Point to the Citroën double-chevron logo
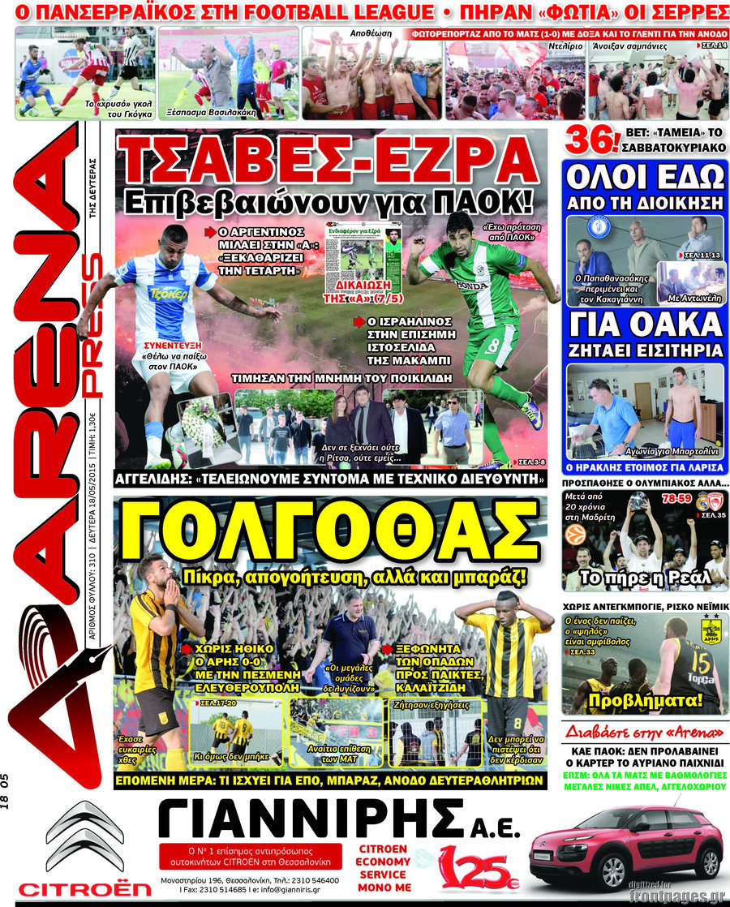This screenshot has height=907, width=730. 84,836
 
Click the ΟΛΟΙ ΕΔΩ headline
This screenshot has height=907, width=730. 646,178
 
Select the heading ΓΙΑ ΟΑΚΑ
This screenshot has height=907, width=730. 646,325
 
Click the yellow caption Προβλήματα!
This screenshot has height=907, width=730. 645,701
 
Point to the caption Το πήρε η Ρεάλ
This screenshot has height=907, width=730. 645,578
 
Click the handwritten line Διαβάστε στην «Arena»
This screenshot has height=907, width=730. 645,727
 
